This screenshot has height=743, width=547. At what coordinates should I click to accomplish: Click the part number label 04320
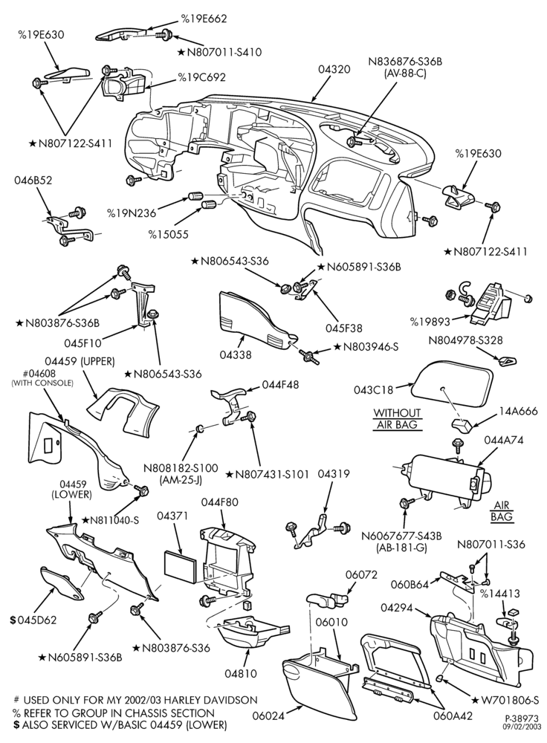tap(334, 69)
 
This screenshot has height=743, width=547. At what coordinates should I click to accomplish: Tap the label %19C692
tap(201, 77)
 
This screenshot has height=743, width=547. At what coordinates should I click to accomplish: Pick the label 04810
tap(241, 673)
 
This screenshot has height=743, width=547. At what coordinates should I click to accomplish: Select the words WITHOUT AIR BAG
tap(397, 419)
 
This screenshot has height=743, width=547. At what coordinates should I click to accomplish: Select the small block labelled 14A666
tap(462, 425)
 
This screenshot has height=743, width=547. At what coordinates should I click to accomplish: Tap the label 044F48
tap(281, 385)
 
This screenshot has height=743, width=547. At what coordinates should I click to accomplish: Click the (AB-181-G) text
tap(401, 548)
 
